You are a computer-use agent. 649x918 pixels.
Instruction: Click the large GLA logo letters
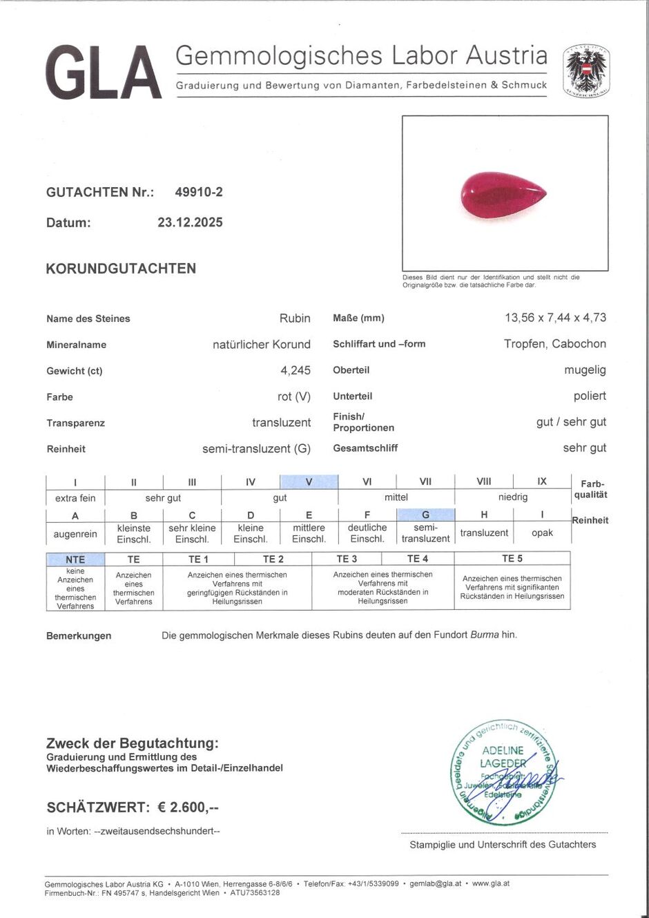[104, 73]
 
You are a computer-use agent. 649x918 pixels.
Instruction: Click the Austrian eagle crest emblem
[585, 70]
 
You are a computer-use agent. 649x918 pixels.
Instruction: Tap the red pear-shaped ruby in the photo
[503, 195]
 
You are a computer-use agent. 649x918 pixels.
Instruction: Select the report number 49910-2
[199, 192]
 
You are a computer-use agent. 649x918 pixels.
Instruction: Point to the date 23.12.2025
[190, 222]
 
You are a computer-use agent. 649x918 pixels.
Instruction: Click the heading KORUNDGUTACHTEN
[121, 269]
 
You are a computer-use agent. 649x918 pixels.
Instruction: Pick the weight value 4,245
[296, 370]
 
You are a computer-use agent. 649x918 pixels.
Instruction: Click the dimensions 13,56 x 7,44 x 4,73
[555, 318]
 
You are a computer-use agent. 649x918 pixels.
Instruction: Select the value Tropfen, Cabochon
[555, 344]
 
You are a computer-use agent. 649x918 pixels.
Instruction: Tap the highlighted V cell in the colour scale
[309, 482]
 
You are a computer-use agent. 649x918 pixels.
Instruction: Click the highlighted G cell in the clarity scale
[425, 515]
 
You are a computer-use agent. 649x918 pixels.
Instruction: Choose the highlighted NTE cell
[75, 560]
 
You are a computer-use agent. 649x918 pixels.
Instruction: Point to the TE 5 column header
[512, 559]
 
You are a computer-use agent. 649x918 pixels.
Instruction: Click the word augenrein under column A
[75, 534]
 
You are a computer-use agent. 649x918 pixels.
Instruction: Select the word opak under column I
[542, 533]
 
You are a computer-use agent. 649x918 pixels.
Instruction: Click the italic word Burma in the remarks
[485, 635]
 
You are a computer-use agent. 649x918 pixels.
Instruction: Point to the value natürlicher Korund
[262, 344]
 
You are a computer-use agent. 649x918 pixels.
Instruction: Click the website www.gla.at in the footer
[491, 883]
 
